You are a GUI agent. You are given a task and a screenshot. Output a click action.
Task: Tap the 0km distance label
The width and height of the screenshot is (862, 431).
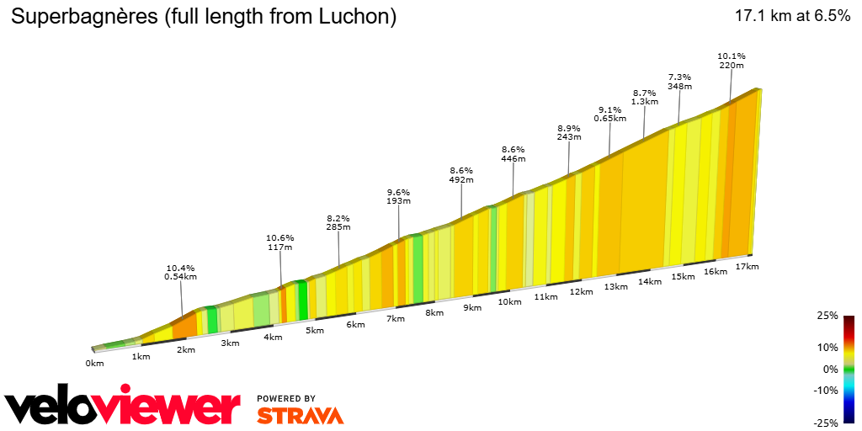[x=94, y=363]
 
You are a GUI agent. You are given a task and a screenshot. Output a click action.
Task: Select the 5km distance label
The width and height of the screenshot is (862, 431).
[x=315, y=330]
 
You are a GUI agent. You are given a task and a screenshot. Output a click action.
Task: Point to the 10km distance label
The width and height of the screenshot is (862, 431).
[x=509, y=301]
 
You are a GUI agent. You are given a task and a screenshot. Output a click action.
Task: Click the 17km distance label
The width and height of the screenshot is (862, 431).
[x=747, y=267]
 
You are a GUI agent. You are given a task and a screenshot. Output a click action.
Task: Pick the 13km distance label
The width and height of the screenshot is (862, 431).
[x=615, y=286]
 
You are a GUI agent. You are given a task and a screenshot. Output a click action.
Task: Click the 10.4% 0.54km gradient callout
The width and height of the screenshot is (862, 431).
[x=181, y=271]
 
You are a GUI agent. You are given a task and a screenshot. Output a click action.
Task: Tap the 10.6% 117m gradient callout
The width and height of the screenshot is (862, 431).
[x=279, y=242]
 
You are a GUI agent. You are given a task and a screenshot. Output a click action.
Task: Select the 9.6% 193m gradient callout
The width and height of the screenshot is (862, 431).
[x=398, y=196]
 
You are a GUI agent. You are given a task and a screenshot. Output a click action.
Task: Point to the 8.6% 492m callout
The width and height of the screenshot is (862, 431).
[x=461, y=174]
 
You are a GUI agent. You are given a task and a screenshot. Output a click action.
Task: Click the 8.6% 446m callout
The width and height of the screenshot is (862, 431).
[x=513, y=153]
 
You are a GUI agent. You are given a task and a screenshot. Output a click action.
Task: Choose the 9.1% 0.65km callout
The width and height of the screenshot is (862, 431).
[x=610, y=114]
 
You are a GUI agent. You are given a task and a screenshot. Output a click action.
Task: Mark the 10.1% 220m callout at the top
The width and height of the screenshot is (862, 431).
[x=731, y=60]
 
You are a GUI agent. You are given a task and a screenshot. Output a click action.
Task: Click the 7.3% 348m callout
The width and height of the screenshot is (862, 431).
[x=679, y=81]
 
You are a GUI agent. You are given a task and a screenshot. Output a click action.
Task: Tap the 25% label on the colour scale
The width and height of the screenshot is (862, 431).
[x=827, y=316]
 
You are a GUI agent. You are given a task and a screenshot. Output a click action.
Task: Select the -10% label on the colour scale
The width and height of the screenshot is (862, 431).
[x=826, y=390]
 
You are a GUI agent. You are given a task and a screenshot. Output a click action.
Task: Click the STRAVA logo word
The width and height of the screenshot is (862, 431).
[x=300, y=415]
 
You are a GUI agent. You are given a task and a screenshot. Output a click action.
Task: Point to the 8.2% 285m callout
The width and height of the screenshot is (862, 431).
[x=338, y=222]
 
